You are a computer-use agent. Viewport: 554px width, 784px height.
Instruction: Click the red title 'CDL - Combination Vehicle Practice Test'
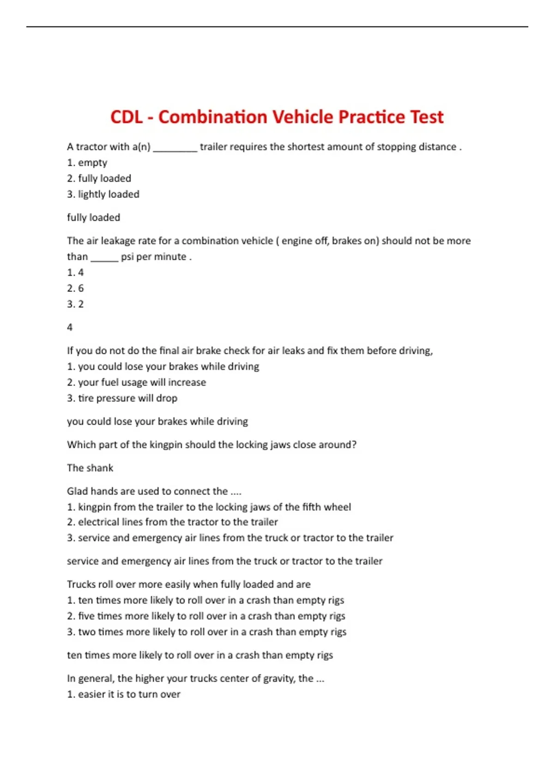277,117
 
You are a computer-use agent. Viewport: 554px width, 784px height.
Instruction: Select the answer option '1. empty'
87,163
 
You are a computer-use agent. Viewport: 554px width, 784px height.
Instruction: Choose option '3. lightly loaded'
103,194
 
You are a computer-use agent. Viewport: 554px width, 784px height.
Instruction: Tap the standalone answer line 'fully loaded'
93,218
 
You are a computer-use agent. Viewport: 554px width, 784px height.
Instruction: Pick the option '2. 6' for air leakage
75,288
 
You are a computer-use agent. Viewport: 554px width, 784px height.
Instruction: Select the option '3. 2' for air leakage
75,304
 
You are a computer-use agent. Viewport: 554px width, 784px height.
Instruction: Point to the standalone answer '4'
70,327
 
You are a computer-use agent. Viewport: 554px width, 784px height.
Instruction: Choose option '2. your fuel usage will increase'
136,382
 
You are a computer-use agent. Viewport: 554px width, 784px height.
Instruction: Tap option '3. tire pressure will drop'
122,398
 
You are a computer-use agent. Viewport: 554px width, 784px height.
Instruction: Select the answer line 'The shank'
90,468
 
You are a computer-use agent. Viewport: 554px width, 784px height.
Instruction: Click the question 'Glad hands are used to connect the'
154,491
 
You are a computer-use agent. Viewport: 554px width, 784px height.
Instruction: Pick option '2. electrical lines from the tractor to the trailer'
172,522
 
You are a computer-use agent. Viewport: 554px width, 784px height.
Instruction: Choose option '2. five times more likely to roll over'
206,616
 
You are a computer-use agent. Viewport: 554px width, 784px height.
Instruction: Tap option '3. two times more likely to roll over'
206,632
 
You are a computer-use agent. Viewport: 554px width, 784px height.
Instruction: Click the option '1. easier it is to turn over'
123,695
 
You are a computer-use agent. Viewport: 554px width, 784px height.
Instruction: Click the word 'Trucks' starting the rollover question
81,584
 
